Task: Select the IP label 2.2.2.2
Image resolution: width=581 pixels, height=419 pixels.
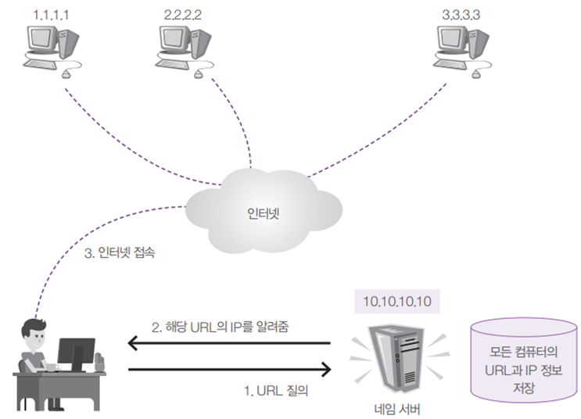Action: (183, 15)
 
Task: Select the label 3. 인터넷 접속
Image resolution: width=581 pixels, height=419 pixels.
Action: (120, 253)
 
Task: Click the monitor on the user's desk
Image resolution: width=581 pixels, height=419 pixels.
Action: (76, 356)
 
